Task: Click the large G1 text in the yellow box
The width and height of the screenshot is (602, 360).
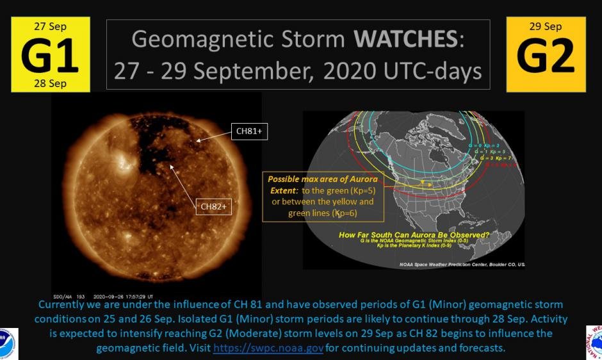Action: tap(50, 56)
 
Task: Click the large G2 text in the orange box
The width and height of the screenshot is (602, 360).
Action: tap(546, 56)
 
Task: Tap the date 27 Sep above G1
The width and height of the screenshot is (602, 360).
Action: tap(50, 26)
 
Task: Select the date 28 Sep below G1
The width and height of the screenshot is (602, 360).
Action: tap(50, 84)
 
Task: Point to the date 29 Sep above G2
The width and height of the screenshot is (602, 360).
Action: tap(546, 26)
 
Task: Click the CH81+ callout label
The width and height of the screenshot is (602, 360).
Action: tap(249, 131)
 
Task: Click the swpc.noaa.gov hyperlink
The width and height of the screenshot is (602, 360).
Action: tap(268, 347)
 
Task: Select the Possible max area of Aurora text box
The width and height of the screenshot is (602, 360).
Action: tap(322, 196)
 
